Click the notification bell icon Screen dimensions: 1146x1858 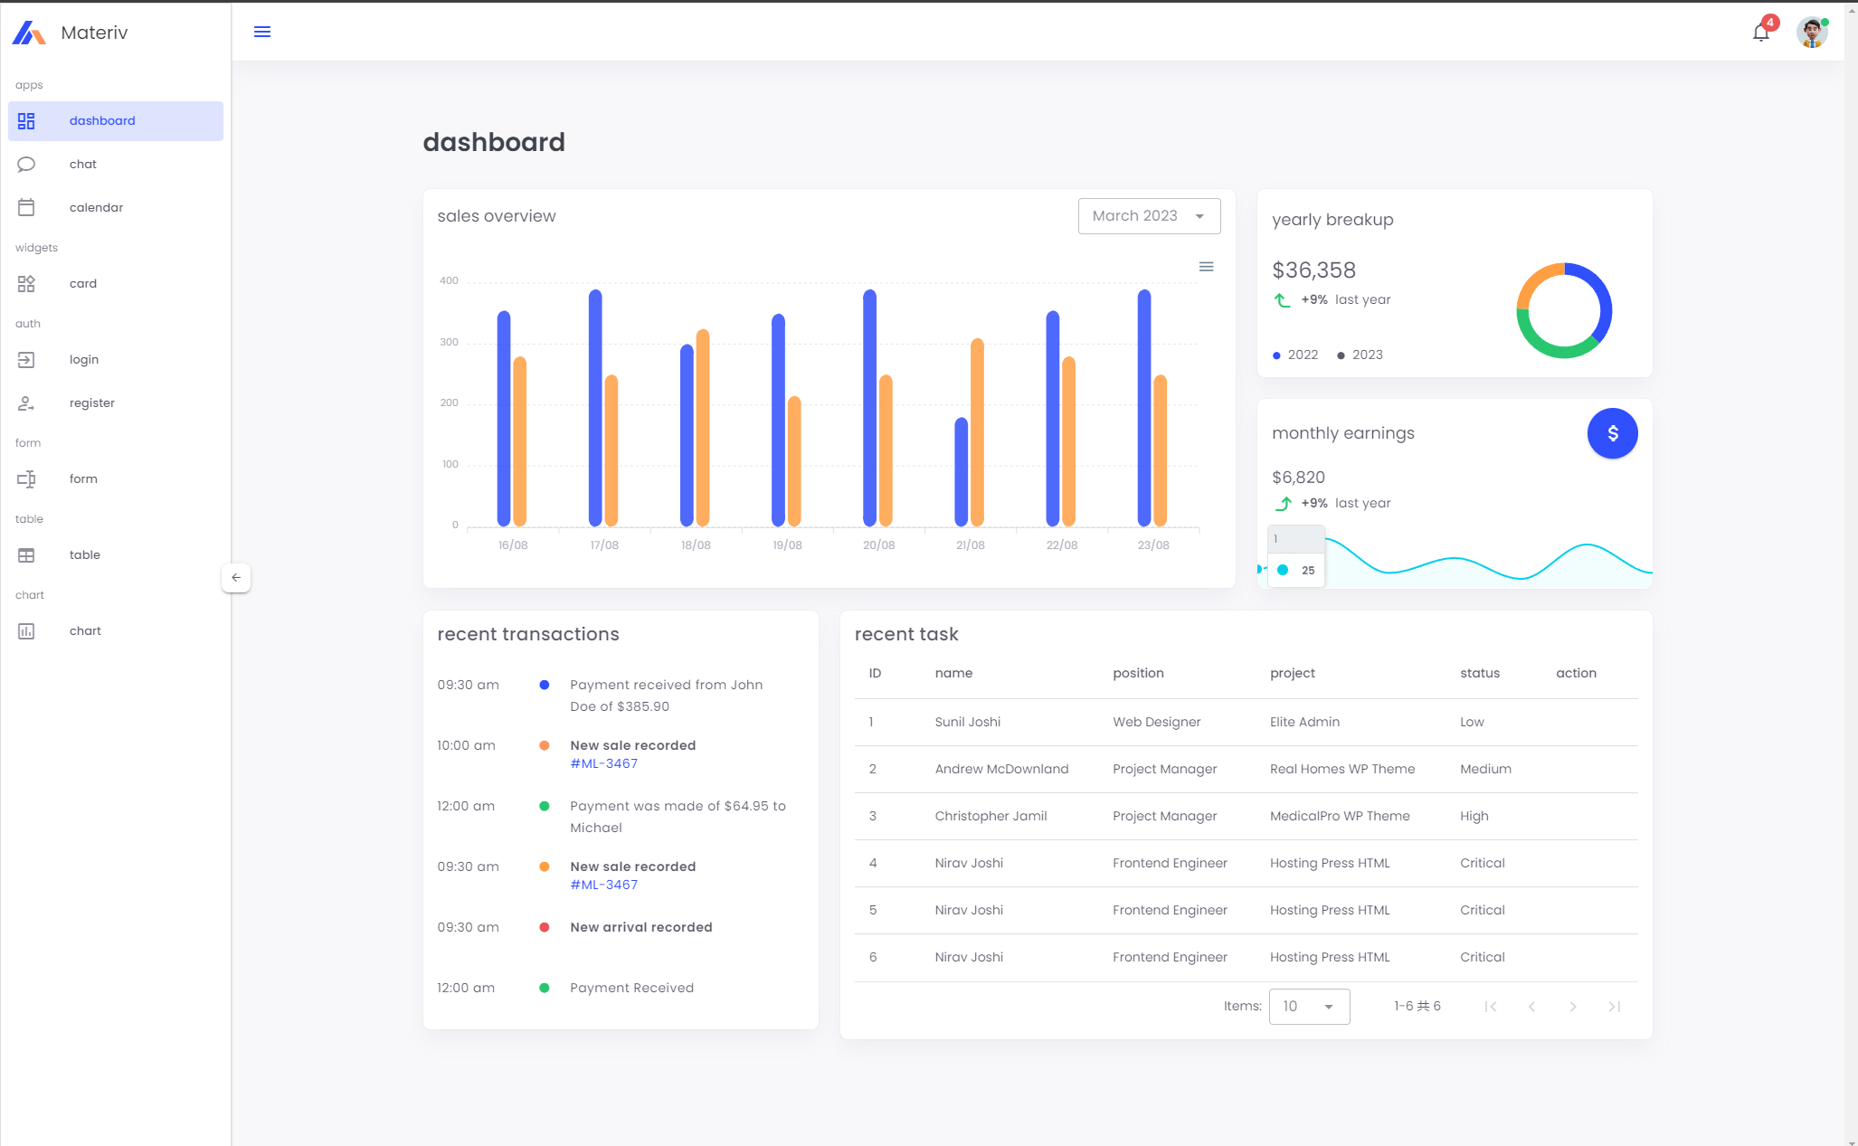1760,33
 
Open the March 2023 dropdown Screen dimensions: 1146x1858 1149,216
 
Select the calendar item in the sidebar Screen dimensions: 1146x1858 96,208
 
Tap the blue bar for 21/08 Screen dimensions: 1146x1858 961,471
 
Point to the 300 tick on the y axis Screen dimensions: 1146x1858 449,342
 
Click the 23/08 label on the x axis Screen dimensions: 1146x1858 1153,545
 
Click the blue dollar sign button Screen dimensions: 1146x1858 1612,434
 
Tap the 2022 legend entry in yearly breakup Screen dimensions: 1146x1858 1296,355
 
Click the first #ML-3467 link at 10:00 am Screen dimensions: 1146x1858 603,764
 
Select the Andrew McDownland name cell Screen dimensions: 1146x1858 1001,770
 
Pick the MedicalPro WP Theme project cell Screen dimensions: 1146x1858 1340,817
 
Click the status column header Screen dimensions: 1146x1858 1480,674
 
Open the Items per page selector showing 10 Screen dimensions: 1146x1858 1309,1007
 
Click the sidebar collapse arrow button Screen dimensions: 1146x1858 236,578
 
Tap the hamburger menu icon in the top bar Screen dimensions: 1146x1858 262,33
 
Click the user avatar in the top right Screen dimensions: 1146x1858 1811,33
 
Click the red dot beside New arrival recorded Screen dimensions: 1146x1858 545,928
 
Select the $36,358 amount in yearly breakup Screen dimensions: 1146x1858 1313,270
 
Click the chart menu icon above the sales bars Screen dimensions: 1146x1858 1206,267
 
